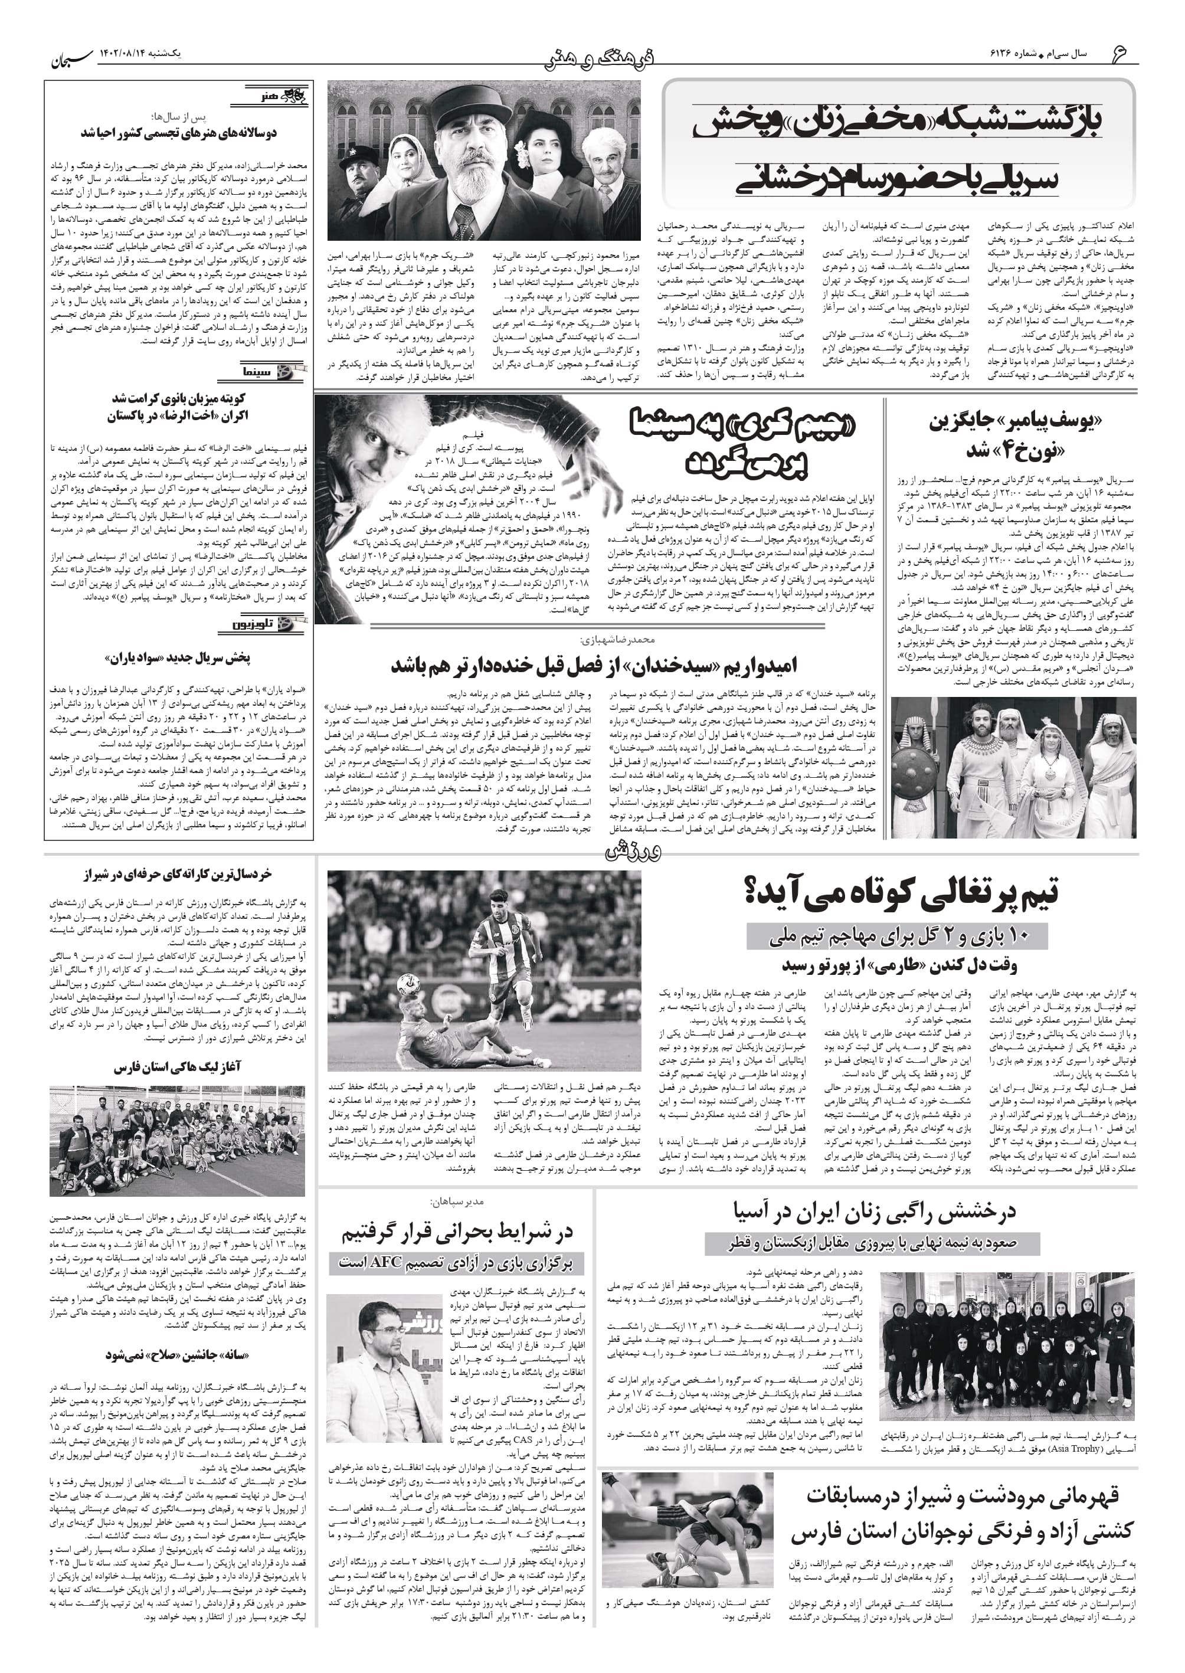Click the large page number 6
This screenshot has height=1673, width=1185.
click(x=1120, y=53)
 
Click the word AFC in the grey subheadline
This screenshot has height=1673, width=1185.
click(x=404, y=1262)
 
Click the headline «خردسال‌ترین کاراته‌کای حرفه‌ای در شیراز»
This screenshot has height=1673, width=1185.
click(x=178, y=873)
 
